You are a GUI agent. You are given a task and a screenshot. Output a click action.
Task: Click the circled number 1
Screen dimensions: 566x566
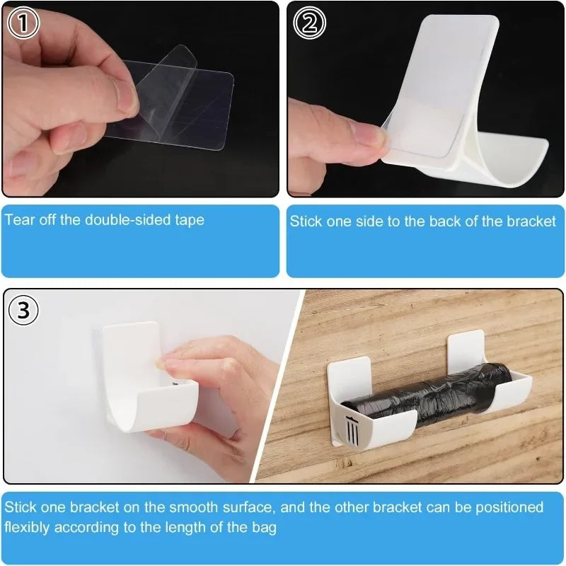(x=23, y=23)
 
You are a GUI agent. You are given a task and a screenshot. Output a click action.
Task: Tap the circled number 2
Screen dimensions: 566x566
(x=309, y=23)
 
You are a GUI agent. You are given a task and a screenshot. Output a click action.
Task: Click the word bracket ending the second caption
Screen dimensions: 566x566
(x=531, y=221)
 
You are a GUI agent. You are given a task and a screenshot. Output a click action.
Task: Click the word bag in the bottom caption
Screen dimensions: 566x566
(x=265, y=527)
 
